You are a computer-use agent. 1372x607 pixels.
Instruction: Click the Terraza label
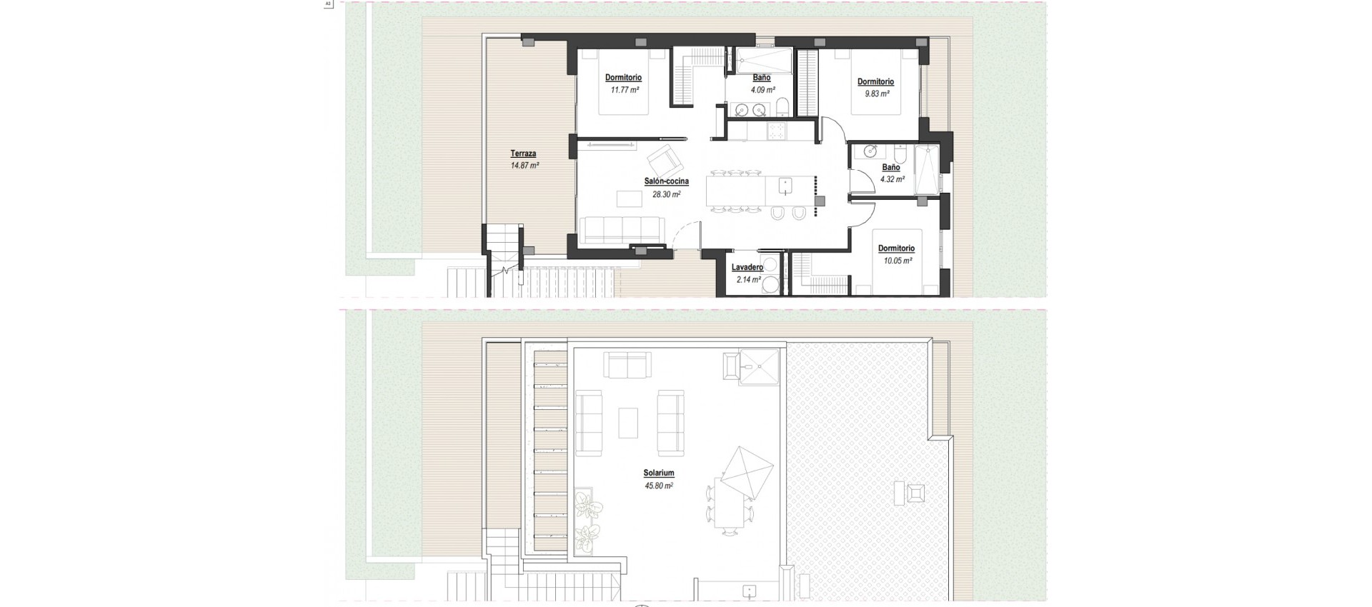[x=523, y=154]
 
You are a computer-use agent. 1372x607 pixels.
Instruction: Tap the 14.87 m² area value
[x=525, y=165]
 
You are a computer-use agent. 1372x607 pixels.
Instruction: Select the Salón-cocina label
[x=666, y=182]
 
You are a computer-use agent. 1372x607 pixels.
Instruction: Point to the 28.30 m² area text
[x=666, y=194]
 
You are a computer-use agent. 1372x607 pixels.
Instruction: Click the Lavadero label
[x=747, y=268]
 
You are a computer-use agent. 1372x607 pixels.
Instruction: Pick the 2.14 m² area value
[x=748, y=279]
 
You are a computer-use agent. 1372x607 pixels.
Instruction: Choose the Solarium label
[x=658, y=473]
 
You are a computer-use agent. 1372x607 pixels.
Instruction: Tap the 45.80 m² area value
[x=658, y=486]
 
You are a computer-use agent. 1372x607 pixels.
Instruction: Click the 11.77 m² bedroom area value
[x=624, y=90]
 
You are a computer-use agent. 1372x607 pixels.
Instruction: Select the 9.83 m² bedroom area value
[x=875, y=94]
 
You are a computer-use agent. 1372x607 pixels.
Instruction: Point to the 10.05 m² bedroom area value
[x=897, y=261]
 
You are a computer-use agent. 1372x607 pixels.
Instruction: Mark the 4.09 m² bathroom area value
[x=762, y=90]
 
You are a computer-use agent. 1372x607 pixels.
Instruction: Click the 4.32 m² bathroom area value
[x=892, y=179]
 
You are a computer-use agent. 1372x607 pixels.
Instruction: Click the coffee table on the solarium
[x=628, y=422]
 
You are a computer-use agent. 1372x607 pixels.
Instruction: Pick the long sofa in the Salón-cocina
[x=619, y=230]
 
